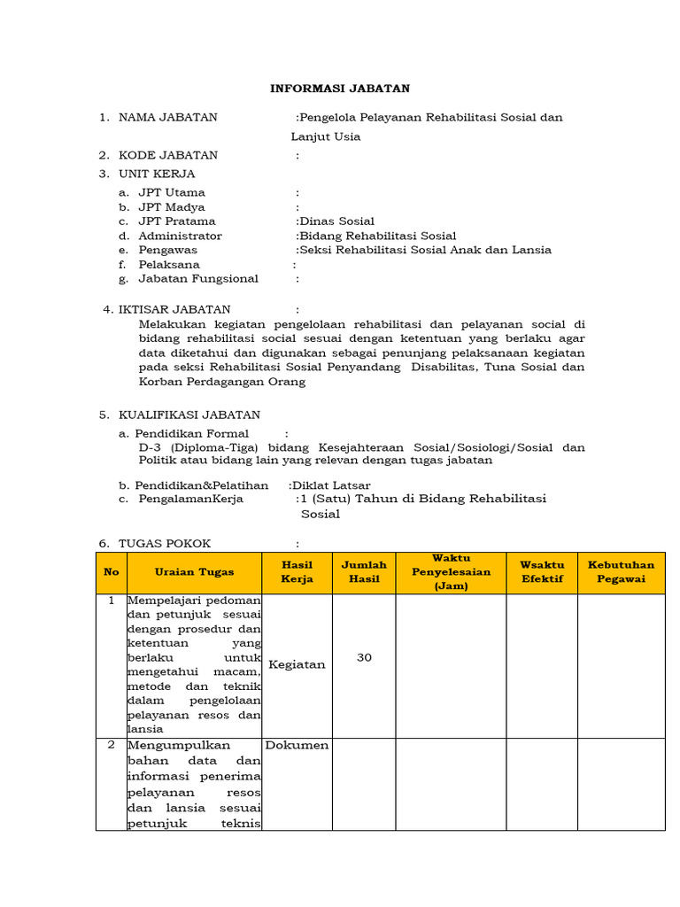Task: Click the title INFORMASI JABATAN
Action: [340, 89]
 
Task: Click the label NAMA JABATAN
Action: [167, 117]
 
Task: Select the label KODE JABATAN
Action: [167, 155]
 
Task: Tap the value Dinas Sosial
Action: [336, 221]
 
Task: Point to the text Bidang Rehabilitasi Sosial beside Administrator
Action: [377, 236]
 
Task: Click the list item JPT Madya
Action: [172, 206]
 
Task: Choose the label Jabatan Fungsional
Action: [198, 278]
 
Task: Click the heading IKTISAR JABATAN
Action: [174, 309]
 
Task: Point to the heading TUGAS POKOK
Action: [165, 543]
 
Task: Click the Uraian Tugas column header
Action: [194, 572]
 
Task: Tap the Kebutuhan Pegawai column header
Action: [621, 572]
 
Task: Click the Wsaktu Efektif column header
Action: [541, 572]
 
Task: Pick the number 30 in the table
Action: [364, 657]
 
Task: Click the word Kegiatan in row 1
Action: [297, 664]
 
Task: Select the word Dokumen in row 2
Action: [297, 745]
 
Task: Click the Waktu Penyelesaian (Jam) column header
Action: [451, 572]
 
